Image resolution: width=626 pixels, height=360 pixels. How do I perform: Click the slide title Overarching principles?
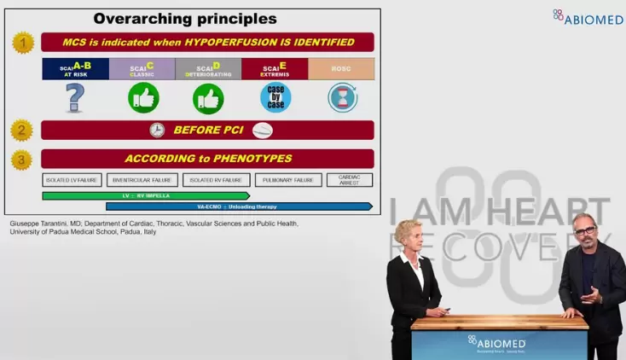pyautogui.click(x=184, y=18)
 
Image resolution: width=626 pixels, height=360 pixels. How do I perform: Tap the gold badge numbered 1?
pyautogui.click(x=22, y=43)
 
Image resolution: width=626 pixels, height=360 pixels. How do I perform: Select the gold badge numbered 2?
pyautogui.click(x=22, y=131)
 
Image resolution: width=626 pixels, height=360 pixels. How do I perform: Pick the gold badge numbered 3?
pyautogui.click(x=22, y=159)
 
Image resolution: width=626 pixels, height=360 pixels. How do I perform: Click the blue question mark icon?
pyautogui.click(x=75, y=97)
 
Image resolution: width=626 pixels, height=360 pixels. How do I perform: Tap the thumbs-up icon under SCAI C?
pyautogui.click(x=143, y=97)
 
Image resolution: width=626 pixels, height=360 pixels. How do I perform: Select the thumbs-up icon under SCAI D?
pyautogui.click(x=208, y=97)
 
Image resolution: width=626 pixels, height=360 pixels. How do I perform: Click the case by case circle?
pyautogui.click(x=275, y=97)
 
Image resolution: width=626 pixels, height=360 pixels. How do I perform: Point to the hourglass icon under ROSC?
pyautogui.click(x=342, y=97)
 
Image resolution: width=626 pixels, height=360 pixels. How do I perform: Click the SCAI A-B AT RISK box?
pyautogui.click(x=75, y=69)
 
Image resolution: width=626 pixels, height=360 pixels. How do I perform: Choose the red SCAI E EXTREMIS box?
pyautogui.click(x=275, y=69)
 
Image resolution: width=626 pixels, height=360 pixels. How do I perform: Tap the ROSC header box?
pyautogui.click(x=341, y=69)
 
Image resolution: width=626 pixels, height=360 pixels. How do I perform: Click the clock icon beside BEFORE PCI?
pyautogui.click(x=157, y=131)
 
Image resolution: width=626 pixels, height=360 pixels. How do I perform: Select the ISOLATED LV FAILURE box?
pyautogui.click(x=72, y=180)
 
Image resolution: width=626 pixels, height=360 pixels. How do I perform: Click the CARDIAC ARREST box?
pyautogui.click(x=350, y=180)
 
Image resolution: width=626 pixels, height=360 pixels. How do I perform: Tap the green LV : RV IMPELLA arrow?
pyautogui.click(x=145, y=195)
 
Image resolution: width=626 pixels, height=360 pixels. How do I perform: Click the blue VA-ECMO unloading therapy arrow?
pyautogui.click(x=239, y=206)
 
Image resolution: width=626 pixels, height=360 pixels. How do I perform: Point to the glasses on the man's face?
pyautogui.click(x=584, y=231)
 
